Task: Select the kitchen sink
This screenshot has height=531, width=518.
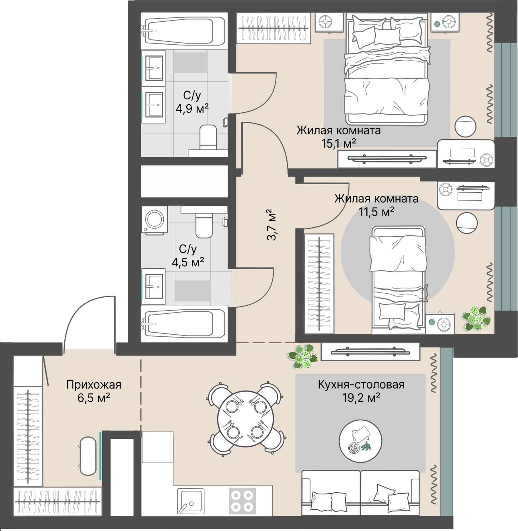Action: tap(191, 502)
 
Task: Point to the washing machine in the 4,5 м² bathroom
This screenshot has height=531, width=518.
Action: tap(154, 220)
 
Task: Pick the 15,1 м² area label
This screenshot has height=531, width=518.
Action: tap(339, 143)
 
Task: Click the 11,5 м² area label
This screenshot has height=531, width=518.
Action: tap(376, 212)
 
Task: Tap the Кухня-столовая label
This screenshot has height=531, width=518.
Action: tap(361, 385)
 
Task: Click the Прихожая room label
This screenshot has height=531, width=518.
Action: tap(94, 385)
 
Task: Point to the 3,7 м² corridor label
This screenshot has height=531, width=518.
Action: tap(271, 224)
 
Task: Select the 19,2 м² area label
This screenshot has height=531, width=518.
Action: tap(361, 398)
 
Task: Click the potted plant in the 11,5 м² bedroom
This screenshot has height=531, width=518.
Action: tap(476, 319)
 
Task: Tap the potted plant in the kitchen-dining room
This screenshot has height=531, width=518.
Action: tap(302, 356)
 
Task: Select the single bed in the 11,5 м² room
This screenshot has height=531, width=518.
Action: tap(398, 280)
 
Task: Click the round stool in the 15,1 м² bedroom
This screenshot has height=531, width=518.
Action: tap(465, 127)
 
